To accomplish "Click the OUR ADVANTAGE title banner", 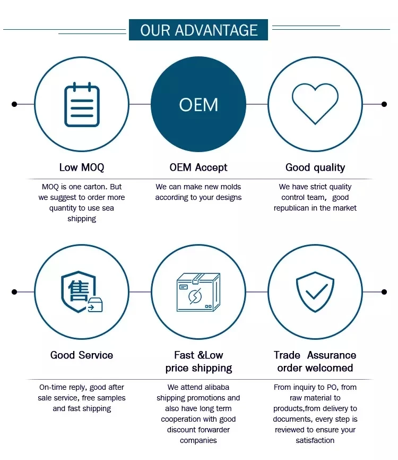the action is click(198, 30).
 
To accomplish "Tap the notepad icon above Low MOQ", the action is click(82, 105).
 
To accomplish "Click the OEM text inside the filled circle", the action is click(198, 105).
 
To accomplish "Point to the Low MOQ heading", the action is click(82, 168).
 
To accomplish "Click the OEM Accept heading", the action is click(198, 168).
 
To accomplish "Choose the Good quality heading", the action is click(315, 168).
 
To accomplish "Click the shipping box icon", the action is click(198, 292).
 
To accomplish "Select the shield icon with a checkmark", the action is click(315, 292).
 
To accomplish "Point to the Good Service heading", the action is click(82, 355).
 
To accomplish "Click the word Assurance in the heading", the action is click(332, 355).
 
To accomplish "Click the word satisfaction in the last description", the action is click(315, 440).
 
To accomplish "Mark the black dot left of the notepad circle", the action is click(14, 104).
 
